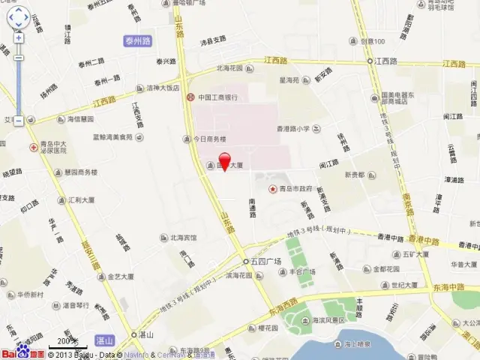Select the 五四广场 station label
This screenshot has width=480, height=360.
265,261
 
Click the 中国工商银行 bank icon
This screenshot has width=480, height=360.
192,97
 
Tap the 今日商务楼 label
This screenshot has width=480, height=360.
209,139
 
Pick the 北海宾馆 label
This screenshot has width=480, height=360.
182,238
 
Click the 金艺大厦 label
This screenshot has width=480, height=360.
119,277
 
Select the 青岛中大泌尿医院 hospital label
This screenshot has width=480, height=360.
52,146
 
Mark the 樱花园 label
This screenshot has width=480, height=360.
268,328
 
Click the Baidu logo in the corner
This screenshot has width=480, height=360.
22,353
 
